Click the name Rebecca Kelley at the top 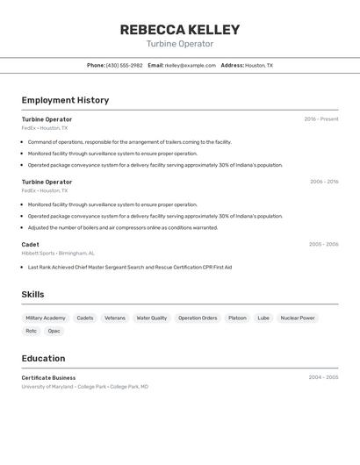pyautogui.click(x=179, y=30)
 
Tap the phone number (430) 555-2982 pyautogui.click(x=124, y=65)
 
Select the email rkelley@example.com pyautogui.click(x=190, y=65)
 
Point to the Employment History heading pyautogui.click(x=65, y=100)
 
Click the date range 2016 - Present pyautogui.click(x=321, y=119)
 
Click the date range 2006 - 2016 pyautogui.click(x=324, y=182)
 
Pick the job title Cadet pyautogui.click(x=30, y=245)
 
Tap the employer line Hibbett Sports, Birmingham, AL pyautogui.click(x=58, y=253)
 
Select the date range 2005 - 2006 pyautogui.click(x=323, y=245)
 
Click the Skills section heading pyautogui.click(x=32, y=295)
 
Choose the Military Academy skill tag pyautogui.click(x=46, y=318)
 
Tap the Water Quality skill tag pyautogui.click(x=151, y=318)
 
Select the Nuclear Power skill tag pyautogui.click(x=298, y=318)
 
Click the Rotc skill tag pyautogui.click(x=31, y=331)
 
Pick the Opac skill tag pyautogui.click(x=54, y=331)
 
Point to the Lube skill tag pyautogui.click(x=263, y=318)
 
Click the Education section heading pyautogui.click(x=43, y=358)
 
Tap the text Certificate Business pyautogui.click(x=48, y=378)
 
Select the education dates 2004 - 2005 pyautogui.click(x=323, y=378)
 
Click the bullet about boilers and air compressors pyautogui.click(x=122, y=227)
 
